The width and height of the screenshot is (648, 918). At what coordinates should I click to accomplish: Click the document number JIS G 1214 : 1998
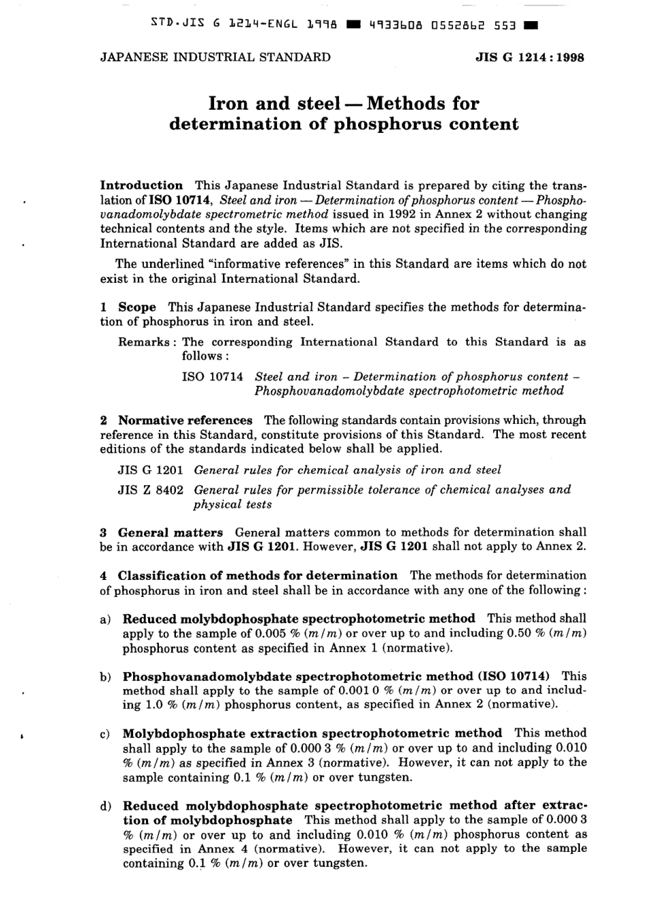point(529,58)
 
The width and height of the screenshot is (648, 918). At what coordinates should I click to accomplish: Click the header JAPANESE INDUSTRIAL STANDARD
point(215,57)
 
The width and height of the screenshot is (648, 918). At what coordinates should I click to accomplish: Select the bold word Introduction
point(141,185)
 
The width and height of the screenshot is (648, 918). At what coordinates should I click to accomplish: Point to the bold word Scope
point(137,307)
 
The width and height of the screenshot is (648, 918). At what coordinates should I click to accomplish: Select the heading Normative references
point(185,420)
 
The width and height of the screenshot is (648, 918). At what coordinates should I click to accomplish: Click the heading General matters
point(170,532)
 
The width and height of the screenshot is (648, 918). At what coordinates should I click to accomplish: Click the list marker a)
point(105,619)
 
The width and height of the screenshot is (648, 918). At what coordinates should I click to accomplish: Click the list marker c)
point(105,735)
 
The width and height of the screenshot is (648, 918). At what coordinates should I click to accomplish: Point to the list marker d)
point(105,807)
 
